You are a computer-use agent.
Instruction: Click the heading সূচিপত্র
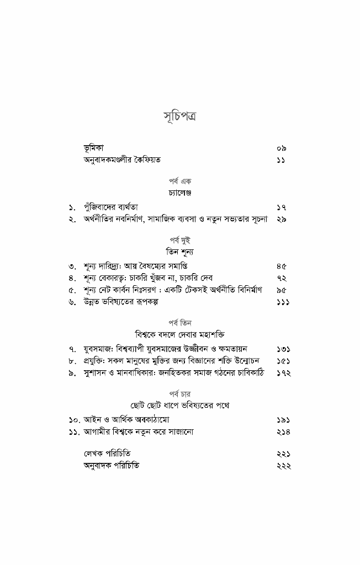[x=180, y=117]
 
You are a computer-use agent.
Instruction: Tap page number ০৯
[x=281, y=148]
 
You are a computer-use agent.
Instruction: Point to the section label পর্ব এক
[x=180, y=181]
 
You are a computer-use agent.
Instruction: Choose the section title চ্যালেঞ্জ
[x=180, y=193]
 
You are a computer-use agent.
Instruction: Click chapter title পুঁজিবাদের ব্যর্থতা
[x=115, y=207]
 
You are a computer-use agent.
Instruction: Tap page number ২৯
[x=281, y=220]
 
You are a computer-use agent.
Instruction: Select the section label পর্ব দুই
[x=180, y=241]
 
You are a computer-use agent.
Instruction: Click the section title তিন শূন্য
[x=180, y=252]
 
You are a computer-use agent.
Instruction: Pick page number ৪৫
[x=281, y=266]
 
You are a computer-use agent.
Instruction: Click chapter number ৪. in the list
[x=72, y=279]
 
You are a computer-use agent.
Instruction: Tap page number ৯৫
[x=281, y=290]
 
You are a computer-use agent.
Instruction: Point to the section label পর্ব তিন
[x=180, y=323]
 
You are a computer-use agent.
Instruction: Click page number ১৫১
[x=283, y=361]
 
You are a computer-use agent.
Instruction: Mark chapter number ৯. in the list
[x=72, y=374]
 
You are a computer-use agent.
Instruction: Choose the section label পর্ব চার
[x=180, y=394]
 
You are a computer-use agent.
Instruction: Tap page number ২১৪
[x=283, y=432]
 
